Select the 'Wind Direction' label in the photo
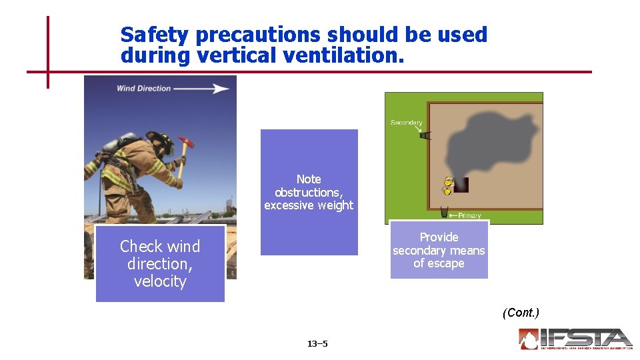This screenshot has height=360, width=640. (144, 88)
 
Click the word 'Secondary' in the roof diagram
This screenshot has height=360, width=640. (406, 123)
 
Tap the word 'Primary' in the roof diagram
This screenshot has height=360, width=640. (469, 215)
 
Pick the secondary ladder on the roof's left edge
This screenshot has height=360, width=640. (425, 135)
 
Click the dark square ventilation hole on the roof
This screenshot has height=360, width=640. (461, 185)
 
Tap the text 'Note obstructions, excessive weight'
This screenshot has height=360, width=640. (309, 192)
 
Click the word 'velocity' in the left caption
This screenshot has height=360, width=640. (160, 281)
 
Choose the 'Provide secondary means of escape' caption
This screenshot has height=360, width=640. (439, 250)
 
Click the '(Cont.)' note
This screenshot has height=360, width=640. (521, 313)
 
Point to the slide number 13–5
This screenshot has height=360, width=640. (317, 344)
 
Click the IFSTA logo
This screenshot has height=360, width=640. (575, 339)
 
